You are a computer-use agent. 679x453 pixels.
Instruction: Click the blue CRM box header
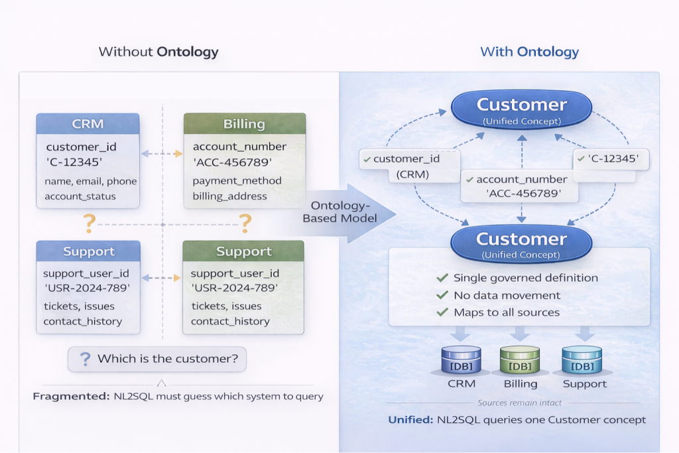click(x=88, y=123)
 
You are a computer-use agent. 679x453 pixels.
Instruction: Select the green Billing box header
click(x=244, y=123)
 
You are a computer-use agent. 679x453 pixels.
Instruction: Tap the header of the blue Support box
click(x=88, y=251)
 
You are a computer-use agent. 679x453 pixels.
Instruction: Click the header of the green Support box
click(x=243, y=251)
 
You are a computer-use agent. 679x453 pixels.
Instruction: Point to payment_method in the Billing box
click(x=237, y=180)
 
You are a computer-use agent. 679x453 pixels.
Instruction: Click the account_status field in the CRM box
click(x=80, y=196)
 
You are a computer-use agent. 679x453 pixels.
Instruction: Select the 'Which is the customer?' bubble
click(x=156, y=359)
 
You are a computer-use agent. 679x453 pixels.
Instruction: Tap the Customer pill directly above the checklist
click(x=521, y=243)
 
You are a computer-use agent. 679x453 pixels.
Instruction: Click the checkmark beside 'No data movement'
click(x=442, y=295)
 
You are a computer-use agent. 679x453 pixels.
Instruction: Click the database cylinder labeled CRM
click(x=460, y=361)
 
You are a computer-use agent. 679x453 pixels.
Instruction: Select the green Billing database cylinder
click(x=520, y=361)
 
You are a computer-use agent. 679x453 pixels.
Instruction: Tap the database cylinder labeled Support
click(x=582, y=361)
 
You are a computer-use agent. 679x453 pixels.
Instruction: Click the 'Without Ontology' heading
click(x=158, y=52)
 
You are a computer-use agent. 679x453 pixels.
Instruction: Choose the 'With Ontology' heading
click(x=529, y=52)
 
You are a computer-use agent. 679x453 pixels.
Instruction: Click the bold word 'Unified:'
click(x=411, y=420)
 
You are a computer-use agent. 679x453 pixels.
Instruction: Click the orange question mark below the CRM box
click(x=88, y=222)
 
